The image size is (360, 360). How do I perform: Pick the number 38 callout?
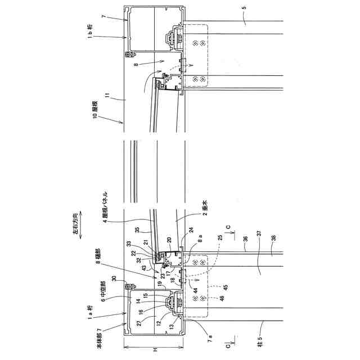pyautogui.click(x=274, y=240)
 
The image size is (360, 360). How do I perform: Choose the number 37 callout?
pyautogui.click(x=259, y=235)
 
